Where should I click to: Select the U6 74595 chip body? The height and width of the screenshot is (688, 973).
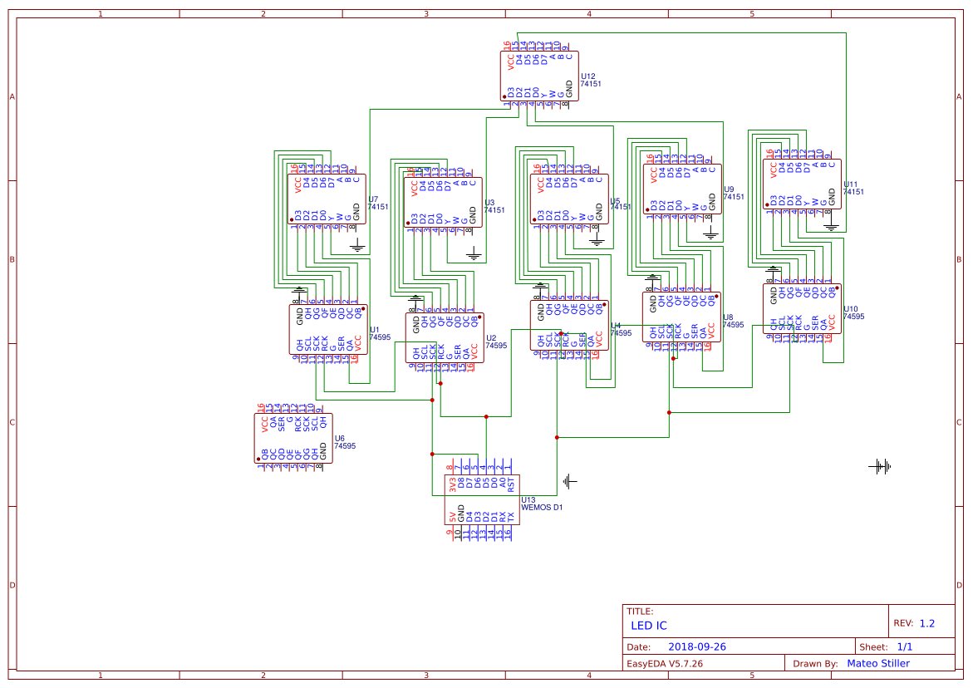point(293,438)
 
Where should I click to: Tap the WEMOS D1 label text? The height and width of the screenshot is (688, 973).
point(541,507)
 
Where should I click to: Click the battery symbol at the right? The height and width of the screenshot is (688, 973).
point(880,467)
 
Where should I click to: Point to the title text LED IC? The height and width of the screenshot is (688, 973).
point(649,626)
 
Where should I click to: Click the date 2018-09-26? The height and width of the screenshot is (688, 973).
point(698,646)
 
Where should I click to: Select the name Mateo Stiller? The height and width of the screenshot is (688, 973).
point(877,663)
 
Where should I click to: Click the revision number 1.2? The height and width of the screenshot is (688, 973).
point(926,623)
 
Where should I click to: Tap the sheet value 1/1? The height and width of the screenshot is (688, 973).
point(903,646)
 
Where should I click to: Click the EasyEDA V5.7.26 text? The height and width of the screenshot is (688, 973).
point(664,663)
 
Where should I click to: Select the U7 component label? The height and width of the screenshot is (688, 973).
point(373,199)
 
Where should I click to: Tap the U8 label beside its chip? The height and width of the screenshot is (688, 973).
point(728,317)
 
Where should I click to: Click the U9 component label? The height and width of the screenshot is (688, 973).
point(729,189)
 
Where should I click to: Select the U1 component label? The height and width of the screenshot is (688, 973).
point(374,330)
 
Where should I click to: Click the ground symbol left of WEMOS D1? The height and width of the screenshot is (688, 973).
point(569,480)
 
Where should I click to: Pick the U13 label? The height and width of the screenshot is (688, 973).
point(528,499)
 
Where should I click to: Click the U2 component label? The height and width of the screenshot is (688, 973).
point(490,337)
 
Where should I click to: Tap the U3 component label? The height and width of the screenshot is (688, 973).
point(489,203)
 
